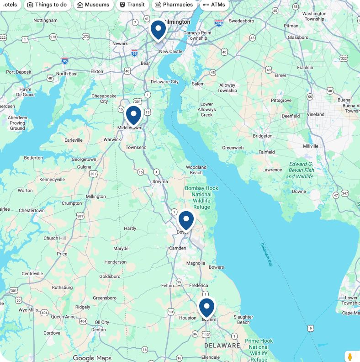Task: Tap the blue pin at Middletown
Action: (133, 115)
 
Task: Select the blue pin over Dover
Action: (186, 220)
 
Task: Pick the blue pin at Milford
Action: (206, 307)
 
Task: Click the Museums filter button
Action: (93, 5)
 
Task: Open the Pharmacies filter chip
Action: (174, 5)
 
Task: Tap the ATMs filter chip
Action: (214, 5)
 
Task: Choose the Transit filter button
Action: (132, 5)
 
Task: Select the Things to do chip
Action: (47, 5)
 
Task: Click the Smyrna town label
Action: (160, 181)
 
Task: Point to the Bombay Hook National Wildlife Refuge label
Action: (201, 197)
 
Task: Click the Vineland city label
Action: (316, 115)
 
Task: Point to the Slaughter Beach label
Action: (243, 319)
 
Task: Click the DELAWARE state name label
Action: (222, 346)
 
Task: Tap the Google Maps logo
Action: (92, 358)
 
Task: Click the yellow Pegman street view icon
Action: (350, 357)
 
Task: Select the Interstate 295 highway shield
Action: (219, 23)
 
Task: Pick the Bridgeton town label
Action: (262, 136)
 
